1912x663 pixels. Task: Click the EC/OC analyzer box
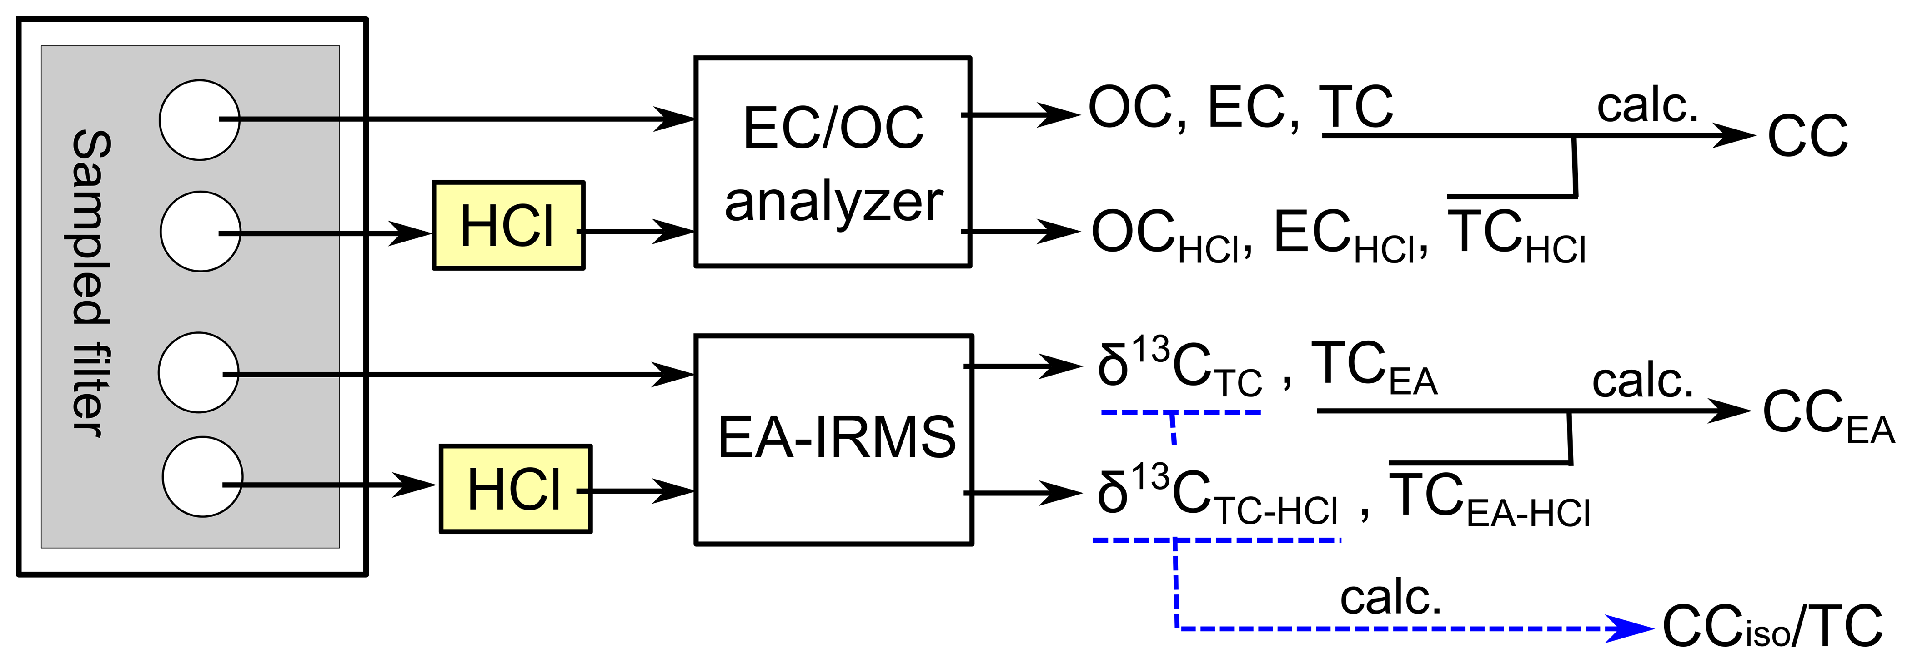pos(833,162)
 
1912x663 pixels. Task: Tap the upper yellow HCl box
pos(508,225)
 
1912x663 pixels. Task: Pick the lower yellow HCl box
pos(515,489)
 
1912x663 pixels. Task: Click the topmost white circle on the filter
pos(200,120)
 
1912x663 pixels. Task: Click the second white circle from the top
pos(201,232)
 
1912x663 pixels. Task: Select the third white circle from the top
pos(199,372)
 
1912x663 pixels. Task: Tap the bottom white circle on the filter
pos(202,477)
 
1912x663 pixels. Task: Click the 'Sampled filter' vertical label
pos(91,283)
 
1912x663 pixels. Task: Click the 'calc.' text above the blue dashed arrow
pos(1390,597)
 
